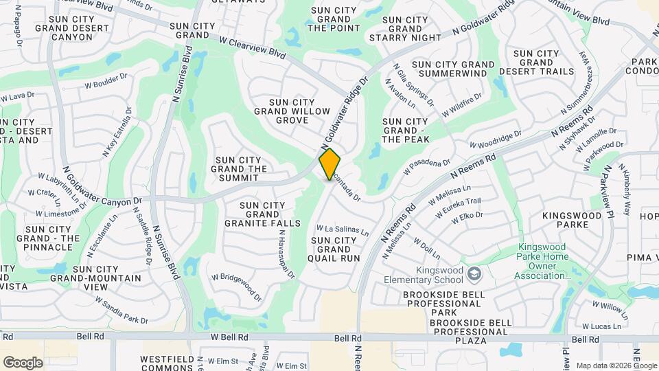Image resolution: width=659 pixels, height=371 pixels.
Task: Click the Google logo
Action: click(x=23, y=362)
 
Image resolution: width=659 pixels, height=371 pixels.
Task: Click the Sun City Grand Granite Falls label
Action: click(x=262, y=214)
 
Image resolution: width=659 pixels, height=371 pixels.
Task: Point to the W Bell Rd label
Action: click(x=229, y=337)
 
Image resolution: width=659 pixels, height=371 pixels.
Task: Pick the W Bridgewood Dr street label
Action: click(x=236, y=287)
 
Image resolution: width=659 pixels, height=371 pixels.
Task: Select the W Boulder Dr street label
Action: click(x=106, y=81)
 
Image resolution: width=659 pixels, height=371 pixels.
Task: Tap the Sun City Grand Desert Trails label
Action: click(x=546, y=63)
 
